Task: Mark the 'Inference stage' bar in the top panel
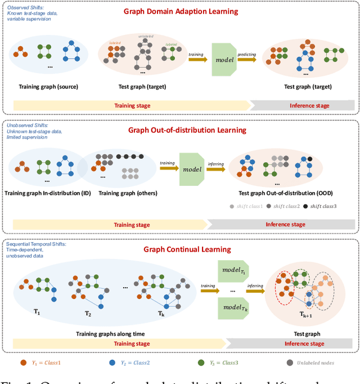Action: pyautogui.click(x=301, y=105)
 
